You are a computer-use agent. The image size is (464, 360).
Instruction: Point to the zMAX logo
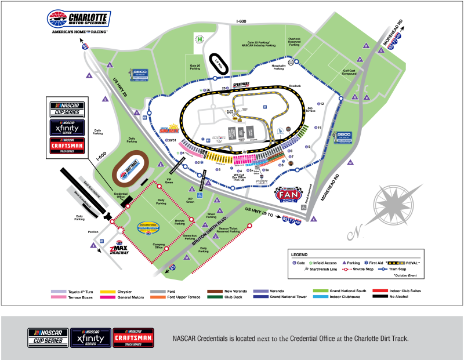point(118,246)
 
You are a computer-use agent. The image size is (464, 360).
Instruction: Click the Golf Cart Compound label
point(349,72)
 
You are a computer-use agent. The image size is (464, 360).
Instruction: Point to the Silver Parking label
point(211,216)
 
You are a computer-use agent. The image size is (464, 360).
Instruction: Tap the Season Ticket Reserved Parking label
point(229,230)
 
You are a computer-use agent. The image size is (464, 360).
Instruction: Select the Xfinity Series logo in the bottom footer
point(90,337)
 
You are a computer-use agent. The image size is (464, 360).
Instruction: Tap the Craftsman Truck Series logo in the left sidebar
point(67,146)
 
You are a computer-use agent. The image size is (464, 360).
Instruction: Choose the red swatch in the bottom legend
point(380,290)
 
